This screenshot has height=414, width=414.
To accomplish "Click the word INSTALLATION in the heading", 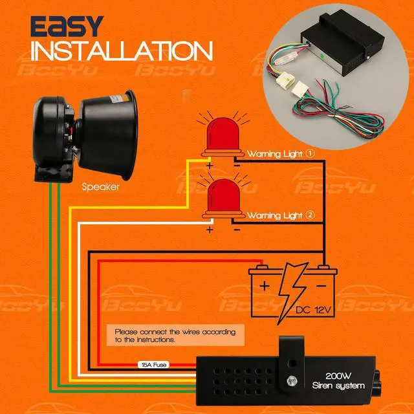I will click(x=121, y=50).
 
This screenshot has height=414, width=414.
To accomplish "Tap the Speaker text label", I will click(x=100, y=187).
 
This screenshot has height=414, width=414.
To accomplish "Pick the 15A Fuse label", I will click(x=153, y=364).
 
